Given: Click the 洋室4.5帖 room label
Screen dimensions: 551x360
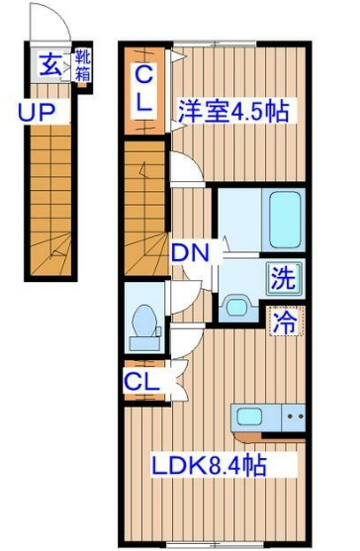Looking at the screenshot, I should [x=233, y=111].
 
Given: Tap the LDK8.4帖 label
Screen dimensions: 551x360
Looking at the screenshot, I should [x=211, y=464].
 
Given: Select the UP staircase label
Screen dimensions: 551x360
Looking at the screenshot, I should [x=36, y=111].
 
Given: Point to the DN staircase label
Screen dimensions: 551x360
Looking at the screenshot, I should [x=190, y=253].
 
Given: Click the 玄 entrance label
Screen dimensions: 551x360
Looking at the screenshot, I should [x=48, y=66].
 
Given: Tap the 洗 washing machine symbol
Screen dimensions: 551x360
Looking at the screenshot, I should [x=284, y=278].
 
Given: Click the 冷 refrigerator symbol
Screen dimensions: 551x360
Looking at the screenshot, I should [x=285, y=321].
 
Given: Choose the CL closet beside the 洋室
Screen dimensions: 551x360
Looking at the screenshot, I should [x=143, y=87].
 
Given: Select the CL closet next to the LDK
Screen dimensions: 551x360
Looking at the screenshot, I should [x=142, y=379].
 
